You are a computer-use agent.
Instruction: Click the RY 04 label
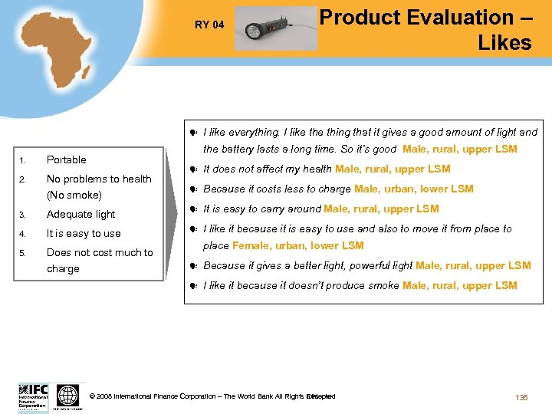point(209,25)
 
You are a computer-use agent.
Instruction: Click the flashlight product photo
point(274,28)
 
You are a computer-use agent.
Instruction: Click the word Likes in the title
point(504,43)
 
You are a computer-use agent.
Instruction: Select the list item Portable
point(67,159)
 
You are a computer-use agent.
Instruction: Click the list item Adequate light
point(80,215)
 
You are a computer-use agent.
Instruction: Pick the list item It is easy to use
point(84,234)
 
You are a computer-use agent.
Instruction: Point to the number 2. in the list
point(23,179)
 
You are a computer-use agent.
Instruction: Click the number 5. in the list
point(23,253)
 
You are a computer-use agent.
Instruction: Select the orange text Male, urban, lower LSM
point(413,189)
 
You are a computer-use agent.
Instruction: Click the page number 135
point(521,397)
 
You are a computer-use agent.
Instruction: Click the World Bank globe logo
point(67,396)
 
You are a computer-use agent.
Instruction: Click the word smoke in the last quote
point(383,286)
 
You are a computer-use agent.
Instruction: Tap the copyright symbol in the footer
point(93,396)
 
